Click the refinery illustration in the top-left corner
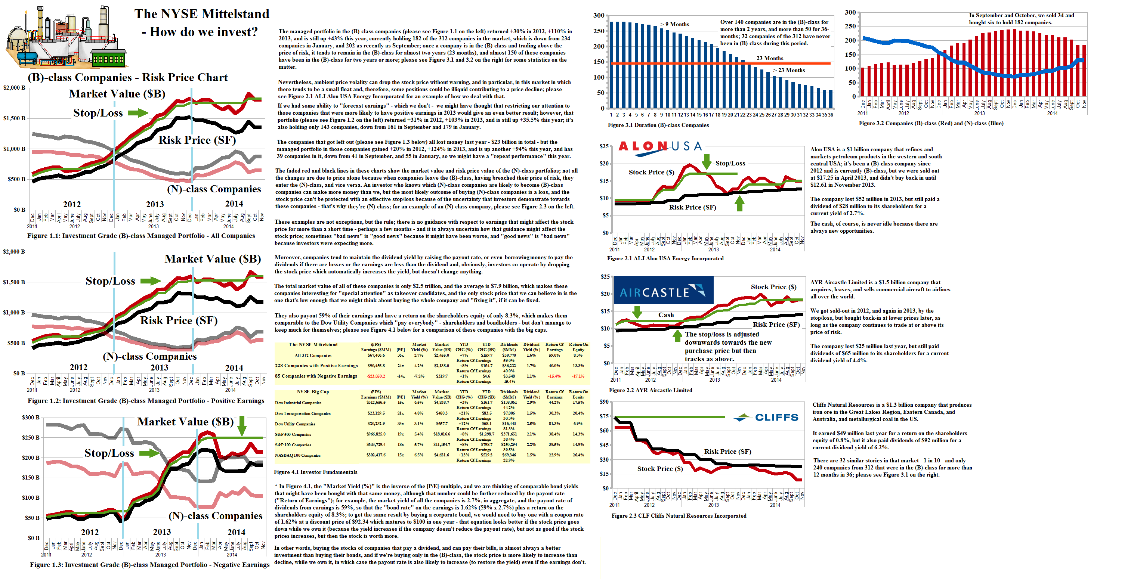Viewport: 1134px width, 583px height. pos(66,37)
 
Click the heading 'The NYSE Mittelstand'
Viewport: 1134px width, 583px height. pos(202,14)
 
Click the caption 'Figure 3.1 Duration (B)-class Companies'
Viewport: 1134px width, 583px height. pos(658,125)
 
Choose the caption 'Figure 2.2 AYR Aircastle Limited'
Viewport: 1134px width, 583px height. pos(650,390)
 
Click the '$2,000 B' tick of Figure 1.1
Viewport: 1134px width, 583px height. pos(14,87)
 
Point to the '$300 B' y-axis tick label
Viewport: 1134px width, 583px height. pos(30,417)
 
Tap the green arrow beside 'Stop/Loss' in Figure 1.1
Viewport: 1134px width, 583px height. pos(138,113)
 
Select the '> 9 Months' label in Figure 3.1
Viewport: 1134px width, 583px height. pos(674,24)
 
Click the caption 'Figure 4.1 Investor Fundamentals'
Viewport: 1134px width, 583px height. pos(315,472)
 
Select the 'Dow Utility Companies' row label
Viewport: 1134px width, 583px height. pos(295,424)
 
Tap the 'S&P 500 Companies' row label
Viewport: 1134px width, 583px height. pos(293,435)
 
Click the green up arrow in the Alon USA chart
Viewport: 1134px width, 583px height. pos(739,203)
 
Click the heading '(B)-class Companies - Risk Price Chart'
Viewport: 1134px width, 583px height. pos(128,77)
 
